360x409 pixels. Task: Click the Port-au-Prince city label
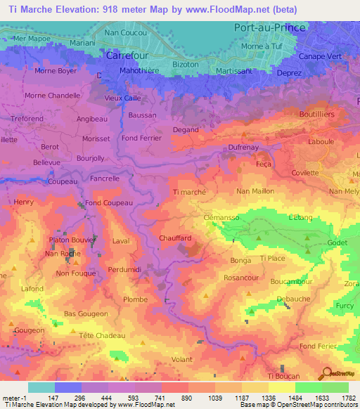click(269, 28)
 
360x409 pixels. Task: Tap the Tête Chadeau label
click(102, 335)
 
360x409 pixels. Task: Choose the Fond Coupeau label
click(110, 203)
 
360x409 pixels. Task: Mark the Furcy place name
click(345, 306)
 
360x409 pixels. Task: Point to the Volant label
click(182, 359)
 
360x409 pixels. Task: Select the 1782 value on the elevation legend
click(348, 397)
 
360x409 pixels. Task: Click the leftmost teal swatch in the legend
click(41, 387)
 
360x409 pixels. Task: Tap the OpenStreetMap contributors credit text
click(320, 405)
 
